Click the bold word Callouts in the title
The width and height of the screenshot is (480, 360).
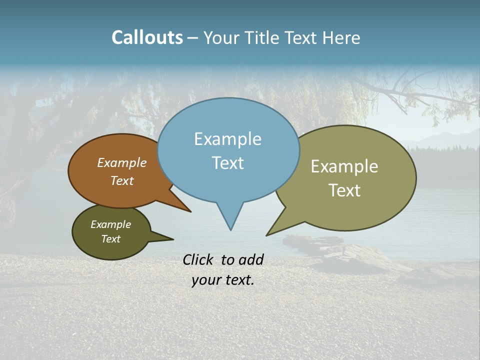tap(147, 37)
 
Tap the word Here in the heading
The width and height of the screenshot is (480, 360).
tap(341, 37)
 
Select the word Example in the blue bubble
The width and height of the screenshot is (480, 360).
tap(227, 139)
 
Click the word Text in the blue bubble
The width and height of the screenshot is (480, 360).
tap(227, 163)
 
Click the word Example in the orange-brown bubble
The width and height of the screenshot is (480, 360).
tap(122, 162)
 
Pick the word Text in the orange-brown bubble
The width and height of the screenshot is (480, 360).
tap(122, 180)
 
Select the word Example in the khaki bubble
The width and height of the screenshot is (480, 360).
tap(344, 166)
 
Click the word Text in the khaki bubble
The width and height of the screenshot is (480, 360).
tap(344, 190)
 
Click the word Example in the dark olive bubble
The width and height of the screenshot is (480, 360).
tap(110, 224)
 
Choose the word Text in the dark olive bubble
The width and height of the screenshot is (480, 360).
tap(110, 239)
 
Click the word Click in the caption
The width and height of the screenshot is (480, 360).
tap(198, 259)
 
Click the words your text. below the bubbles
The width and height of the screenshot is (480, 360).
tap(222, 280)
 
